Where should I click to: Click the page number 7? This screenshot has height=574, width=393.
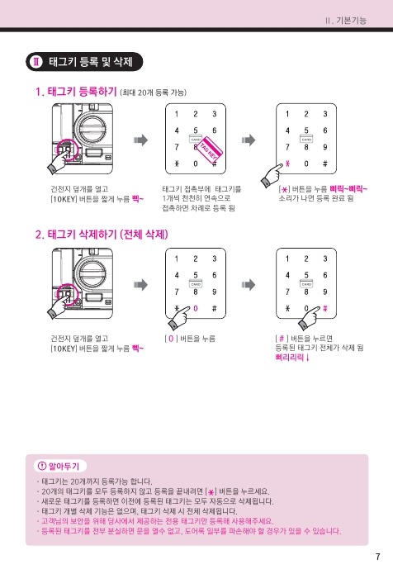click(x=377, y=557)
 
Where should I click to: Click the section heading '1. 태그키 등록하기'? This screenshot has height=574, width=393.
click(x=76, y=92)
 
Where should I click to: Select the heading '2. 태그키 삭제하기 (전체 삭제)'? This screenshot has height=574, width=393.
click(x=102, y=235)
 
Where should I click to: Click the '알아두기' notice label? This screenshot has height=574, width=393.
click(x=60, y=466)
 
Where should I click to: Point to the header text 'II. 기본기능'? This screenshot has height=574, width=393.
click(x=346, y=20)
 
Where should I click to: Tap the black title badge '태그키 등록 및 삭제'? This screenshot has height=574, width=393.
click(x=84, y=61)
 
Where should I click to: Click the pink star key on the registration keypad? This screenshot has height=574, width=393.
click(x=287, y=164)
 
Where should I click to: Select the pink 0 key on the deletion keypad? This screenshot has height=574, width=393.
click(x=196, y=308)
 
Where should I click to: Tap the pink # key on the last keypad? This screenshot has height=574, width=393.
click(x=325, y=308)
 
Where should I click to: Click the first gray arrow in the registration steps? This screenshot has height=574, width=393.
click(x=140, y=140)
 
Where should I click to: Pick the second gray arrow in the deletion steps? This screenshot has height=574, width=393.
click(x=248, y=284)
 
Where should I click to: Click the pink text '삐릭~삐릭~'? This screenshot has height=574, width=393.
click(x=348, y=189)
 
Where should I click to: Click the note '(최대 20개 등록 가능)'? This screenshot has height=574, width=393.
click(x=154, y=93)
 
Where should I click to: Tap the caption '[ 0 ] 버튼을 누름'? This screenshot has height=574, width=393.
click(x=190, y=339)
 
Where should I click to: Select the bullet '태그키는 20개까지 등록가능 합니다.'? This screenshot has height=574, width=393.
click(x=97, y=481)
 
